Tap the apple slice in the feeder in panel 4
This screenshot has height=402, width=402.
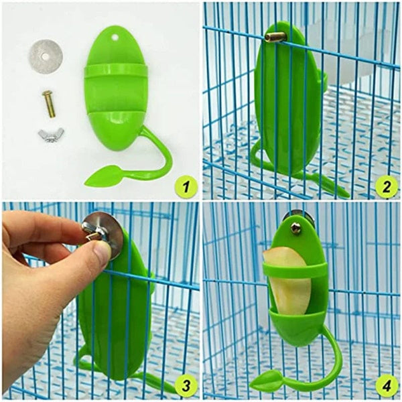[285, 281]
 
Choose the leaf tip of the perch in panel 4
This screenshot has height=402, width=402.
[269, 383]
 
